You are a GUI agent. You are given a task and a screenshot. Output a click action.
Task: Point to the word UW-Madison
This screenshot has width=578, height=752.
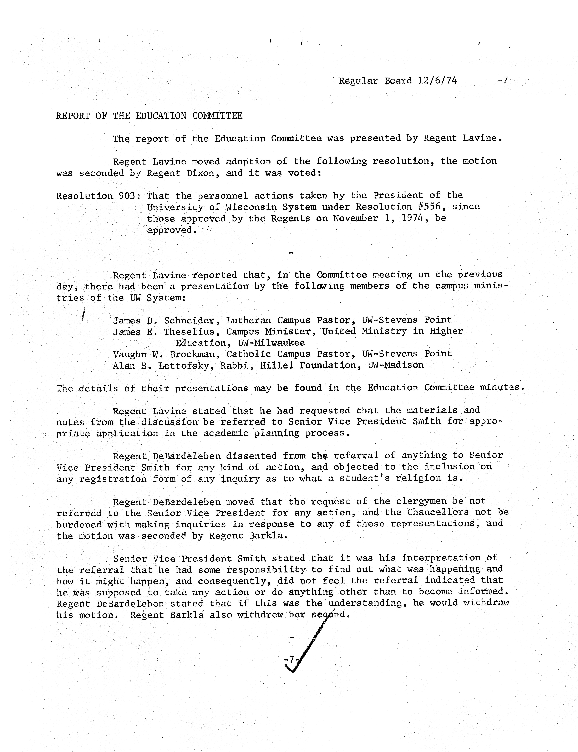pyautogui.click(x=396, y=365)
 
